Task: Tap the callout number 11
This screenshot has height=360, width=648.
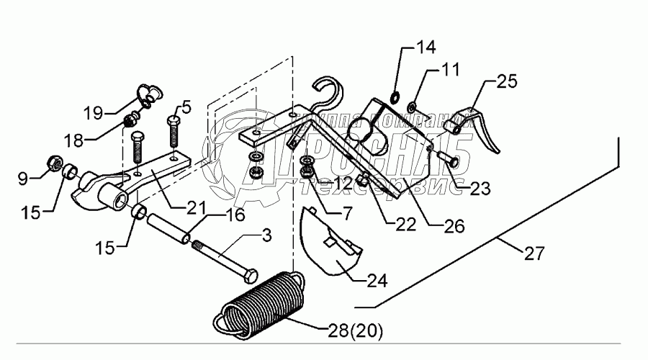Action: tap(450, 72)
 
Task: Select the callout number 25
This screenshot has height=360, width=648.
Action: tap(507, 83)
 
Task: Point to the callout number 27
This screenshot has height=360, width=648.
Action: tap(534, 253)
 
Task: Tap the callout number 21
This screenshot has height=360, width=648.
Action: tap(182, 207)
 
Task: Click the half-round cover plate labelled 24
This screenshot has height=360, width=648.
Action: tap(328, 242)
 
